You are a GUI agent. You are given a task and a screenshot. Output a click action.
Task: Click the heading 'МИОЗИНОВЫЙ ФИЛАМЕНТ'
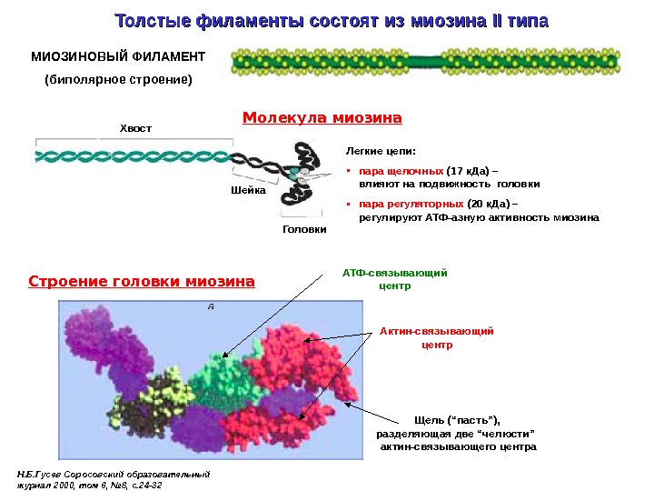118,56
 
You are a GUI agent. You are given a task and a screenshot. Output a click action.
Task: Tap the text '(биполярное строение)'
119,79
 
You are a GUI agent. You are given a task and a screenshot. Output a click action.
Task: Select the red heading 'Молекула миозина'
322,118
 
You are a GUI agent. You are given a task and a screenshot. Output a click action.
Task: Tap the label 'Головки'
304,229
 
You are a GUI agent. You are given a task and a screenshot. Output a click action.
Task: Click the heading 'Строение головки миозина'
142,281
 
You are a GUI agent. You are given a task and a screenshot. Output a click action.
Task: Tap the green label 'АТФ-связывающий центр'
394,278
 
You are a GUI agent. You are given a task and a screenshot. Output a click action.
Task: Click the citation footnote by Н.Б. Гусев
114,478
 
